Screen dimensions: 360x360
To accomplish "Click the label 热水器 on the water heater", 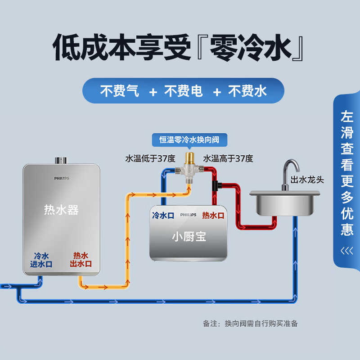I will (61, 209).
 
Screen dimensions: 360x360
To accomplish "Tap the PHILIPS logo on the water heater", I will (62, 178).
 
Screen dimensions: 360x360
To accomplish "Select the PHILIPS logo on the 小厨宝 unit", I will (188, 215).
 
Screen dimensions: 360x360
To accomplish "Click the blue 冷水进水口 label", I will (41, 260).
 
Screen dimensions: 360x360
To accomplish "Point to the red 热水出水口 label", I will (81, 260).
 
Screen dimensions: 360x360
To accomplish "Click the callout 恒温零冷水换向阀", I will (189, 139).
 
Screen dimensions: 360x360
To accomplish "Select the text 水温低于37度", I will (150, 158).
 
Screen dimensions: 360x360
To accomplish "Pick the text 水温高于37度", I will (228, 158).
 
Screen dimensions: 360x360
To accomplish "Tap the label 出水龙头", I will (307, 180).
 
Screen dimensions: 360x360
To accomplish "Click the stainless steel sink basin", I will (285, 202).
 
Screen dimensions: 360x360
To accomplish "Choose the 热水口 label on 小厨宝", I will (213, 215).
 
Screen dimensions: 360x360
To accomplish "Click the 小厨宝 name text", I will (189, 237).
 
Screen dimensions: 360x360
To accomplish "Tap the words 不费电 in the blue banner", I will (184, 91).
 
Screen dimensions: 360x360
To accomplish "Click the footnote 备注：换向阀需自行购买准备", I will (250, 323).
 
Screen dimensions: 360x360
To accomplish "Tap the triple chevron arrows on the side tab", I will (347, 250).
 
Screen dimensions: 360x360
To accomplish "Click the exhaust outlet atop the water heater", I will (61, 160).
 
